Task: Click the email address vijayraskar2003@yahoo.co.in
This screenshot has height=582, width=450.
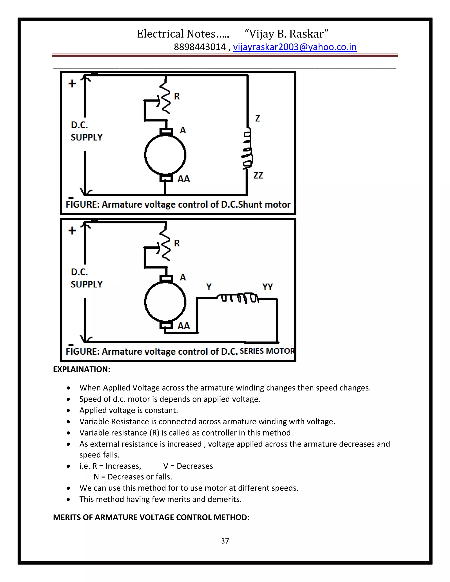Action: click(x=295, y=47)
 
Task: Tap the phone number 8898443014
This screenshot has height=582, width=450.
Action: click(x=200, y=47)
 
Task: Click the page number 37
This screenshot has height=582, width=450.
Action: click(x=225, y=541)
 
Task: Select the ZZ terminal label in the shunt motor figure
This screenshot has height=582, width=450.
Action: click(x=258, y=175)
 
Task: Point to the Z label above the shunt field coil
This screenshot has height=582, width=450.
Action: click(x=257, y=118)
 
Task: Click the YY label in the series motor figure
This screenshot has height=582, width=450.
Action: click(x=267, y=287)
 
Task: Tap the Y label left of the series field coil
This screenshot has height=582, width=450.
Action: click(x=209, y=287)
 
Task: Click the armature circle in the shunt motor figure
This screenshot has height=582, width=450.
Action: click(x=165, y=155)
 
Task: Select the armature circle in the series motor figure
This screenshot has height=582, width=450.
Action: click(x=165, y=302)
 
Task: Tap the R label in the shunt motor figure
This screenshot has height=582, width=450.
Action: click(x=177, y=96)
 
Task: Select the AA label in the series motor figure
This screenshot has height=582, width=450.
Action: click(x=184, y=326)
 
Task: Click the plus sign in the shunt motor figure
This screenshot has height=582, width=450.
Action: click(x=72, y=83)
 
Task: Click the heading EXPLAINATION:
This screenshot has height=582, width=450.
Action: click(x=81, y=369)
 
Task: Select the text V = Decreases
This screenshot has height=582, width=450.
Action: click(x=188, y=466)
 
